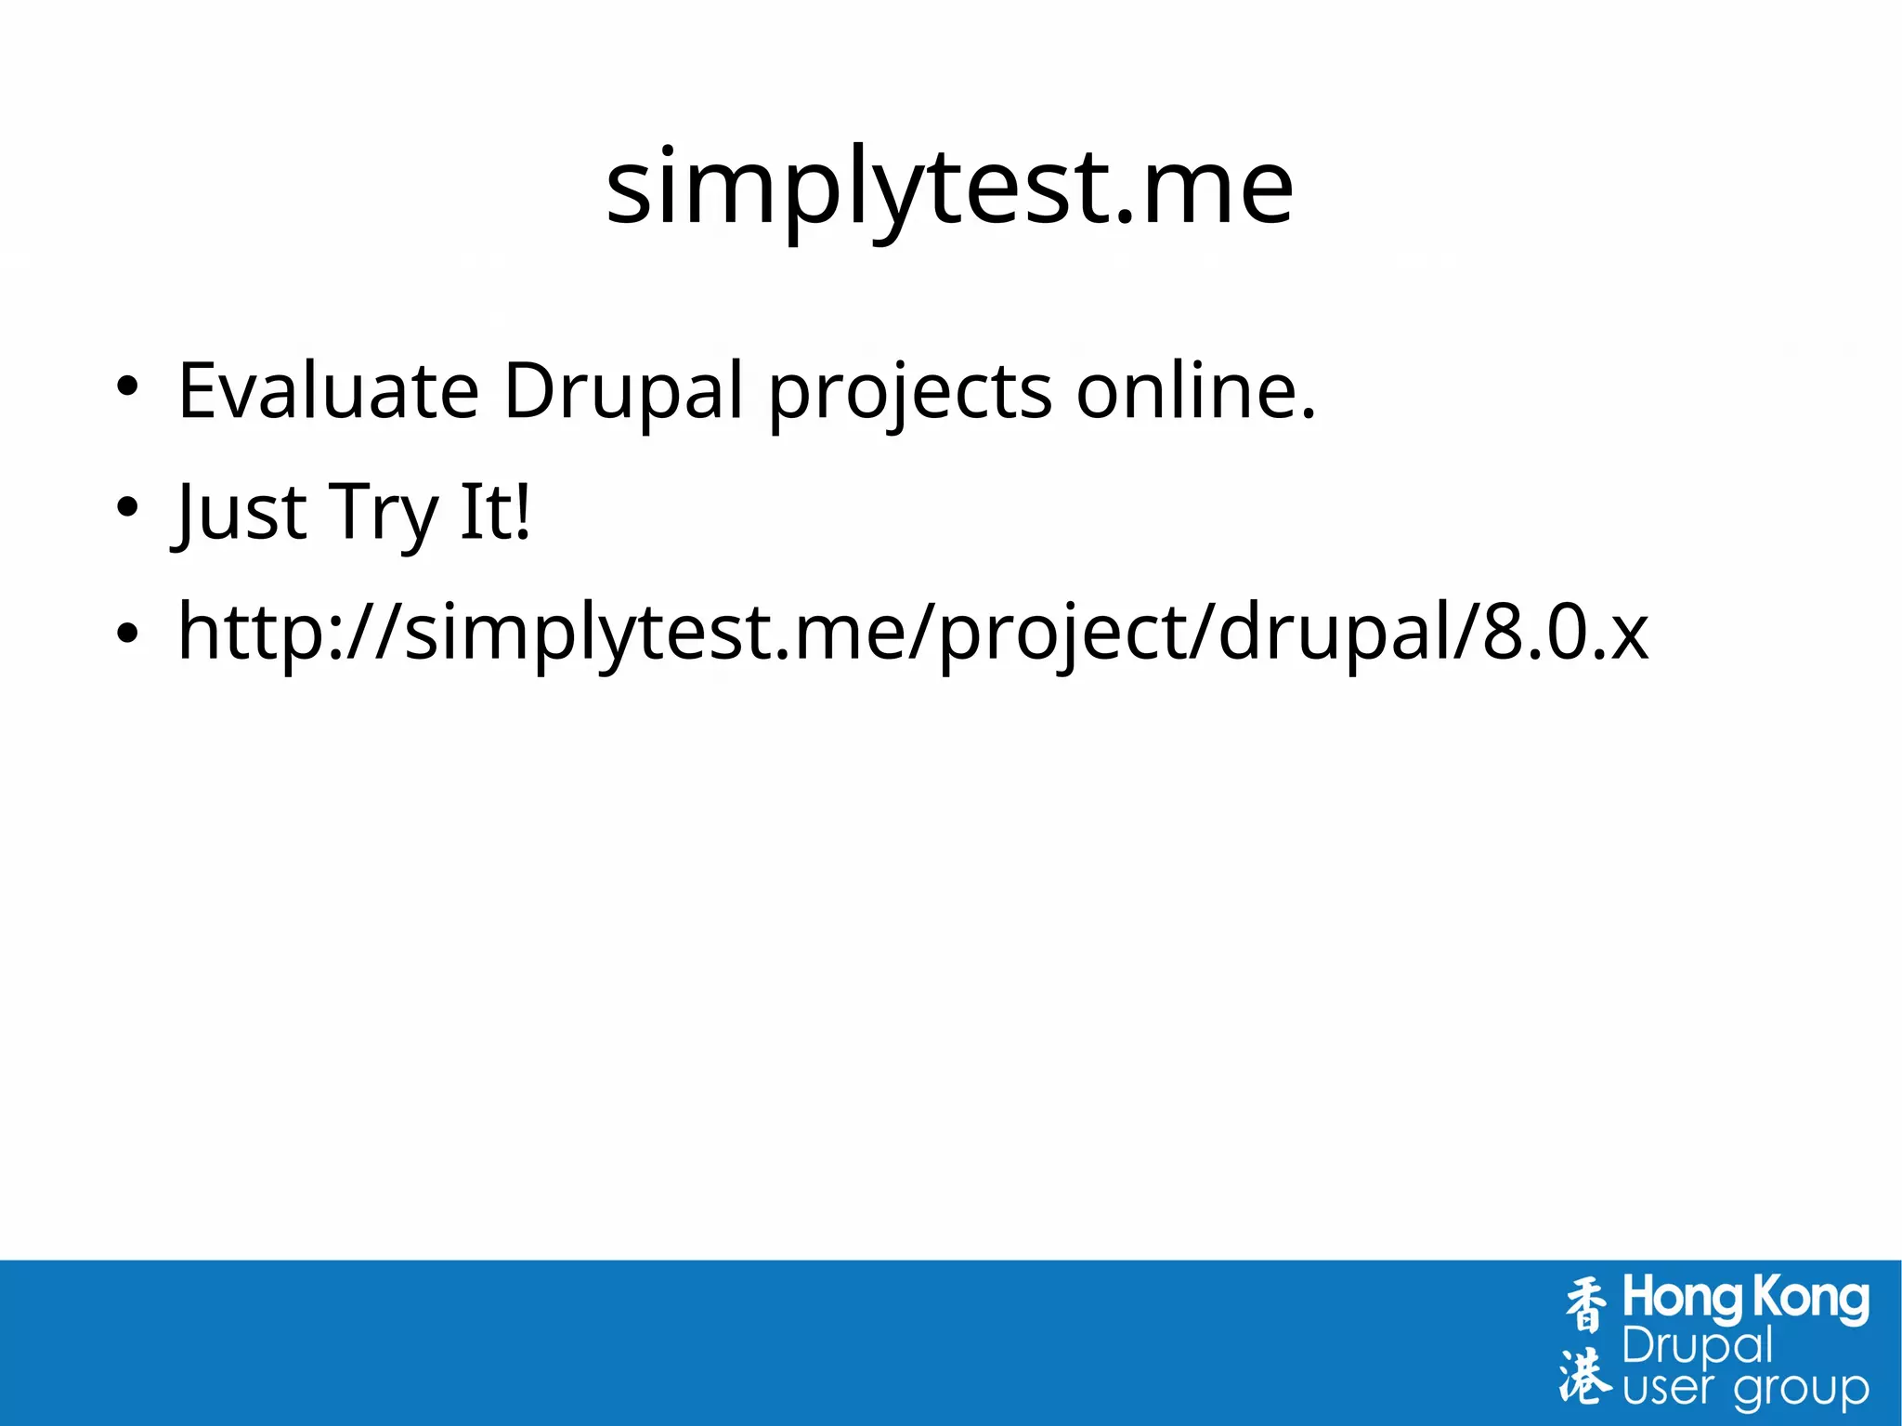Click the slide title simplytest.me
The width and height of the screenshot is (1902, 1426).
coord(949,188)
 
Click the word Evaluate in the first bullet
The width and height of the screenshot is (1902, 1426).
coord(328,391)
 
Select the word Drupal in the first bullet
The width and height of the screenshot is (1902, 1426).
coord(623,391)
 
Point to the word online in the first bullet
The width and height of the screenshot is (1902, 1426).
coord(1194,391)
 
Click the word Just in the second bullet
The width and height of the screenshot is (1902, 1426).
coord(241,512)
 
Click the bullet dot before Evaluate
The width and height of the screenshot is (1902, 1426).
coord(127,386)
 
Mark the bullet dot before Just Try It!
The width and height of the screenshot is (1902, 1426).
coord(127,507)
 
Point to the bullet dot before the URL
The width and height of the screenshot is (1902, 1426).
coord(127,633)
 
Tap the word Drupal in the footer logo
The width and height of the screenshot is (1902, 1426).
coord(1697,1347)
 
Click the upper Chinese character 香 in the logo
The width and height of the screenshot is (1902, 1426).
coord(1585,1304)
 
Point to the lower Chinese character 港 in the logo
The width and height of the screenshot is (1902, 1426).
coord(1585,1376)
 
